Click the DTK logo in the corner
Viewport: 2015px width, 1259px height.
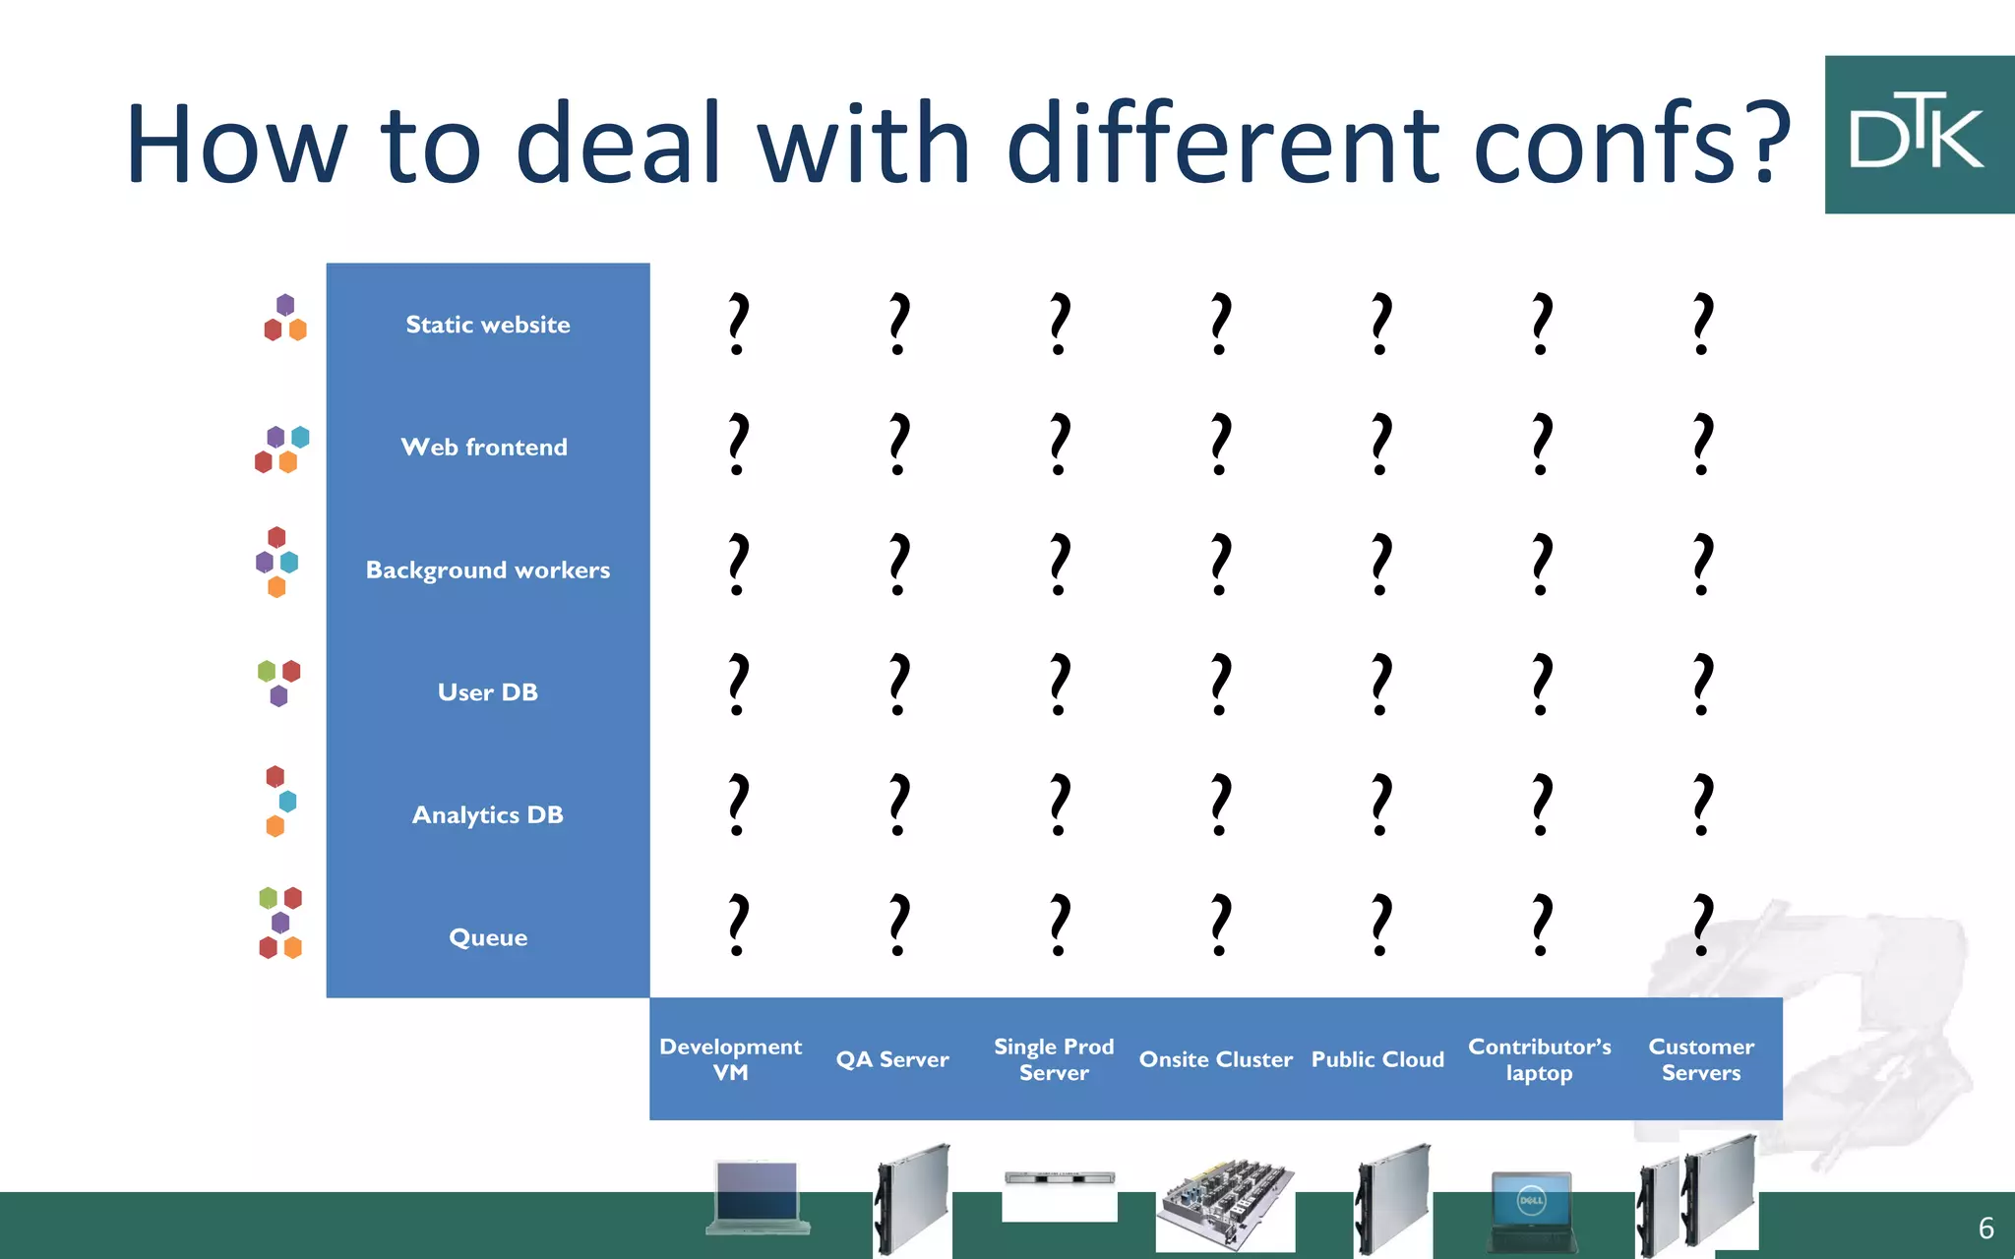[1919, 135]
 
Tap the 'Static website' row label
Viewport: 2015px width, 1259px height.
[488, 325]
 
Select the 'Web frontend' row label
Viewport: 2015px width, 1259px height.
[484, 448]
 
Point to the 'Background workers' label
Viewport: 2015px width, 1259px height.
[488, 570]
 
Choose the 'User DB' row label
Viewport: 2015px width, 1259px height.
[488, 692]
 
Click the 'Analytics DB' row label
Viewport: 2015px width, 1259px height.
[488, 815]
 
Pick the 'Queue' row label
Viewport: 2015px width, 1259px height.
[488, 937]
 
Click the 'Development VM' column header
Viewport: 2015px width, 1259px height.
[731, 1059]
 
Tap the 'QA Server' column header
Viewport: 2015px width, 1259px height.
[892, 1059]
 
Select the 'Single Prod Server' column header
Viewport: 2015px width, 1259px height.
[1054, 1059]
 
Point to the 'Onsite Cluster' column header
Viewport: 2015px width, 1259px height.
[1216, 1059]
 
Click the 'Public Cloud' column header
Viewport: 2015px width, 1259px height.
[1377, 1059]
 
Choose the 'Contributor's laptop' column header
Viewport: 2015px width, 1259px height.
[1540, 1059]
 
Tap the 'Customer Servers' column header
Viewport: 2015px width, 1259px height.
[1701, 1059]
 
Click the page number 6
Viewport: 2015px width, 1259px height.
[1985, 1228]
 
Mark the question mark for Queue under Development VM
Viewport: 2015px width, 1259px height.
[738, 925]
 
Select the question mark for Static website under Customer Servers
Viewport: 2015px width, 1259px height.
[1703, 323]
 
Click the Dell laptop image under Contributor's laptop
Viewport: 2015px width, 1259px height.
[1533, 1210]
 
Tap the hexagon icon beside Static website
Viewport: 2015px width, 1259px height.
[285, 318]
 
